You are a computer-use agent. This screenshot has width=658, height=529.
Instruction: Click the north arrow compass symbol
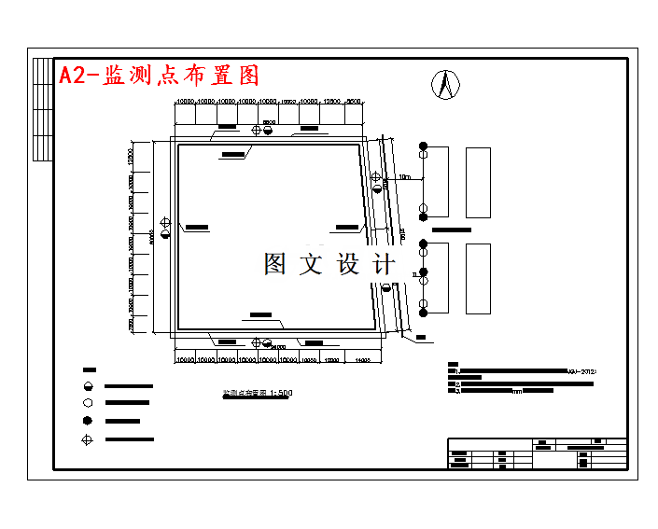click(446, 85)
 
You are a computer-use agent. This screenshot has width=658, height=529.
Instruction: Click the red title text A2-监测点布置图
click(159, 76)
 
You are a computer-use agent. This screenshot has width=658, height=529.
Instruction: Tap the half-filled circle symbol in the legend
click(89, 385)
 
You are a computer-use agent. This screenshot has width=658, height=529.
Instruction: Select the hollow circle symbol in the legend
click(89, 403)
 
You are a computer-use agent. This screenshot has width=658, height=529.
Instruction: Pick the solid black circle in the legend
click(89, 421)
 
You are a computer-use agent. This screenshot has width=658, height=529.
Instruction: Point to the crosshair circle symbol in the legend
click(89, 439)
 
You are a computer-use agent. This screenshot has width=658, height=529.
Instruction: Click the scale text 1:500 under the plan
click(280, 394)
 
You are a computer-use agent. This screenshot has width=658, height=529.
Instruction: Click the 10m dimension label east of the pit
click(404, 176)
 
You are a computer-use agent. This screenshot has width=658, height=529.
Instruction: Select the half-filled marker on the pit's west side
click(165, 233)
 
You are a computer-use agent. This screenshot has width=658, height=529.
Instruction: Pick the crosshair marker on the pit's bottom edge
click(257, 341)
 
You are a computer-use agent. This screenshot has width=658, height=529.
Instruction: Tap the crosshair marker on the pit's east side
click(375, 176)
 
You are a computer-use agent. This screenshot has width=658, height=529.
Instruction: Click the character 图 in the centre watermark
click(275, 264)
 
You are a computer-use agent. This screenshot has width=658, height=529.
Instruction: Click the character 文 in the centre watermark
click(311, 264)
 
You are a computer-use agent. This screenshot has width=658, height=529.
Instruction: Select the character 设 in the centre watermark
click(348, 264)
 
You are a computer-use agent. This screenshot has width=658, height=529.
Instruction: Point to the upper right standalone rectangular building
click(478, 183)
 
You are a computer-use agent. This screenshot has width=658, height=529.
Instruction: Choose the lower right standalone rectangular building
click(478, 279)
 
